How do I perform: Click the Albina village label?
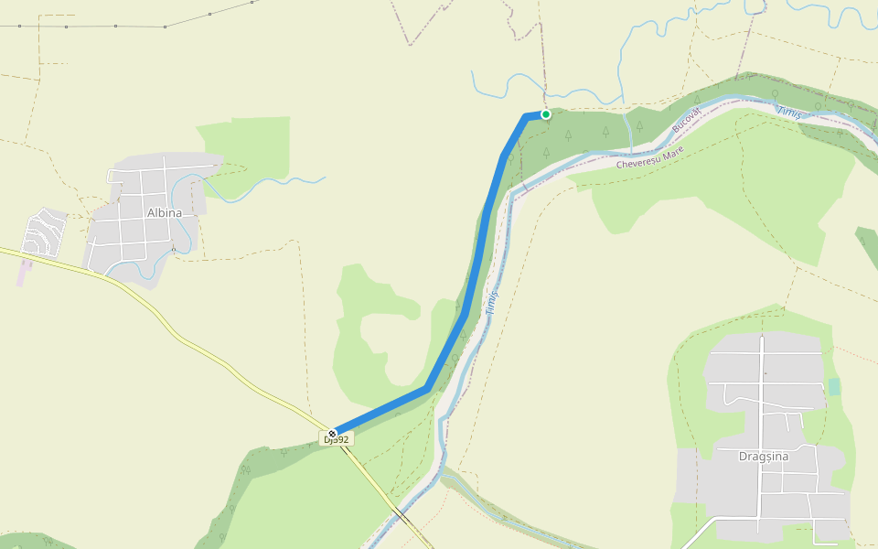coord(165,212)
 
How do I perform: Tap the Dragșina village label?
coord(764,457)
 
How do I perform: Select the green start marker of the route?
coord(546,114)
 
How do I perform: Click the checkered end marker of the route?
coord(332,433)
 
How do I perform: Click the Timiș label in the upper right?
coord(789,112)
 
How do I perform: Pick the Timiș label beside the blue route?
coord(492,303)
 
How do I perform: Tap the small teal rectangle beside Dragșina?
coord(833,386)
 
